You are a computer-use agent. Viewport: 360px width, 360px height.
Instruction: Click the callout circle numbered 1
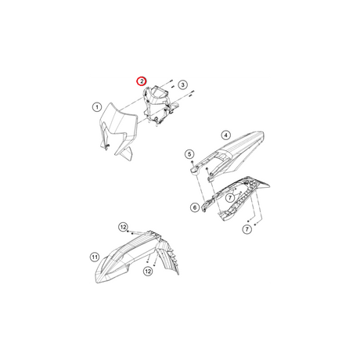[97, 107]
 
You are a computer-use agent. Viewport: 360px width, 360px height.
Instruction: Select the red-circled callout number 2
[142, 81]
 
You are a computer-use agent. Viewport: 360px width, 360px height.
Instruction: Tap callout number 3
[182, 85]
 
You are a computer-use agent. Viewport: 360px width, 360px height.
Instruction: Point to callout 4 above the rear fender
[225, 135]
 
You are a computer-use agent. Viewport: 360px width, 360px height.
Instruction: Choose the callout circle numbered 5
[189, 154]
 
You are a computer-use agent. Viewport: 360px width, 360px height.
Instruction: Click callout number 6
[195, 207]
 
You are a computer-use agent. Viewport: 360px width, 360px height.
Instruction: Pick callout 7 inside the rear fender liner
[230, 198]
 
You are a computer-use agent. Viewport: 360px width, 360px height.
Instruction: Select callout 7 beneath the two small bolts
[247, 229]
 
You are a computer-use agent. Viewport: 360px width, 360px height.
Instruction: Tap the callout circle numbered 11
[95, 257]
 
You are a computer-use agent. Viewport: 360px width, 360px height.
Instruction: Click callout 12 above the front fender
[124, 227]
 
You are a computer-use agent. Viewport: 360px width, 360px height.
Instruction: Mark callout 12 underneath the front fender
[148, 272]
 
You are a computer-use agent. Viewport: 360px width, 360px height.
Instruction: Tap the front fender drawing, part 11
[135, 257]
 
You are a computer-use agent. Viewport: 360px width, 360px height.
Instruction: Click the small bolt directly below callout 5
[192, 162]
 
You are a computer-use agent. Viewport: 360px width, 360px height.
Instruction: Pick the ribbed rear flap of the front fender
[169, 257]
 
